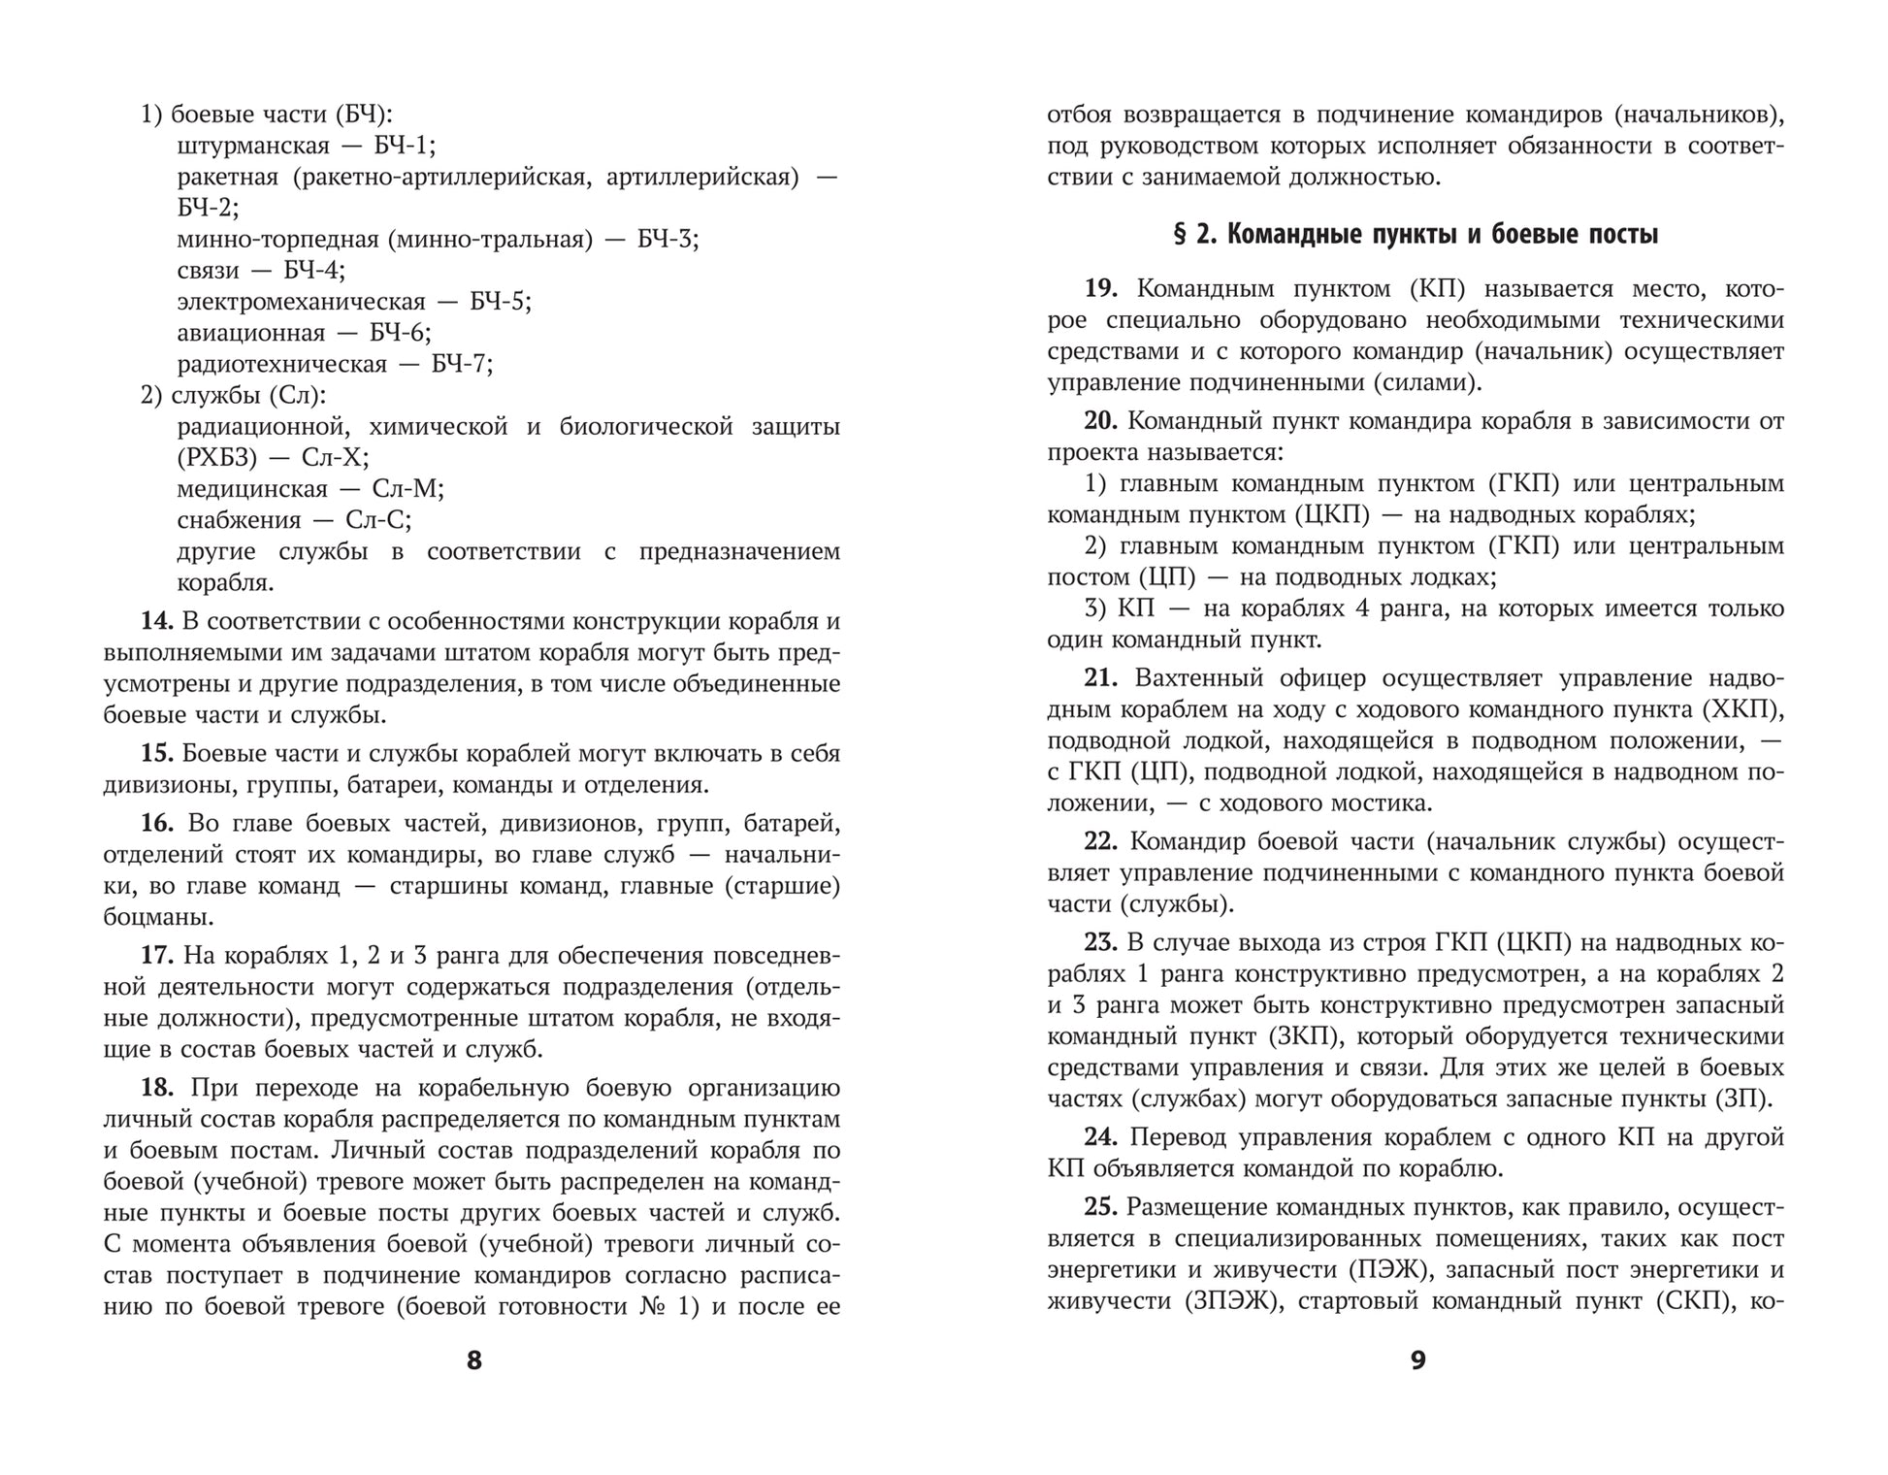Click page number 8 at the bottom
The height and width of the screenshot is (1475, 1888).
pos(473,1360)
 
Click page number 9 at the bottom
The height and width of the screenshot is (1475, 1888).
pos(1417,1360)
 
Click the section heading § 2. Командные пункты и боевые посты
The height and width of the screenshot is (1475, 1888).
pos(1416,235)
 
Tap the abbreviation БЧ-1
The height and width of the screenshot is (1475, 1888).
pos(403,147)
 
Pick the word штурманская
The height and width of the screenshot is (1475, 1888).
pos(254,147)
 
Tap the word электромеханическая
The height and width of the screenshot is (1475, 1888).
pos(302,302)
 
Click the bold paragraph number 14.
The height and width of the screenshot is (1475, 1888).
pos(156,622)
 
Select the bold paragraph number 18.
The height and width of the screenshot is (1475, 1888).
pos(156,1088)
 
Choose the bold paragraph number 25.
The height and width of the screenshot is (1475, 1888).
pos(1101,1207)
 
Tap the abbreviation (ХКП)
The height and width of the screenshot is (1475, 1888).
pos(1742,709)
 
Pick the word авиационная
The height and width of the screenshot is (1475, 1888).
pos(251,334)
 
